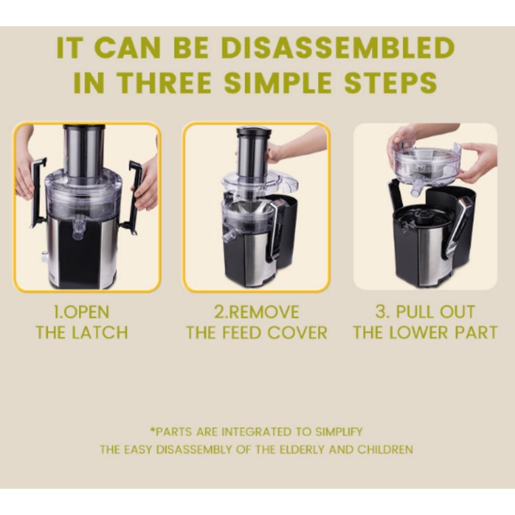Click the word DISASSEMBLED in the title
click(x=338, y=48)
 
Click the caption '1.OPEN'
click(x=81, y=312)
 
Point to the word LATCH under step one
click(x=99, y=332)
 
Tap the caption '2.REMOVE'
click(x=256, y=312)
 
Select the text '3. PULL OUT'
click(x=425, y=312)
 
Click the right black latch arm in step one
click(x=133, y=197)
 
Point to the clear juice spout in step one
click(x=78, y=229)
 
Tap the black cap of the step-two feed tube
click(x=254, y=132)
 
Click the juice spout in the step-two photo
click(x=229, y=236)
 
